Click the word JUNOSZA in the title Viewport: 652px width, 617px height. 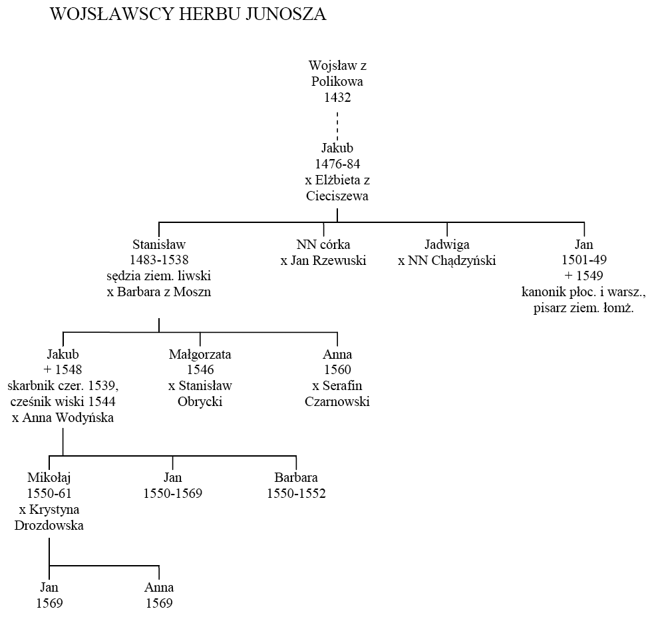point(285,14)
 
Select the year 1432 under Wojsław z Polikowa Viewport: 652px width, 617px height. point(337,97)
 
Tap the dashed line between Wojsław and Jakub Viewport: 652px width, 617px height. point(337,126)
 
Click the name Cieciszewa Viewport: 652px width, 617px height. point(337,196)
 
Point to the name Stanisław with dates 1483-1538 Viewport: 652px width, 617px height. point(159,244)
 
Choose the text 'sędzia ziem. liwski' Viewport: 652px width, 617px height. point(159,276)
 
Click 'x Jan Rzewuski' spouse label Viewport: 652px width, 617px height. point(323,260)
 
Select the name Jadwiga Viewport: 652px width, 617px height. point(447,245)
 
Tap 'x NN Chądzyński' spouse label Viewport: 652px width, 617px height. point(447,260)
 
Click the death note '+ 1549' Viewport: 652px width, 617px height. point(584,276)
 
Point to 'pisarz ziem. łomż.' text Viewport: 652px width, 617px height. point(584,308)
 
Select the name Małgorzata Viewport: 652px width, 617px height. point(200,355)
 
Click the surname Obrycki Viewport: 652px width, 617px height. point(200,402)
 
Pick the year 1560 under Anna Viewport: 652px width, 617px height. point(337,370)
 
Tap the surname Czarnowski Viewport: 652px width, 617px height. point(337,402)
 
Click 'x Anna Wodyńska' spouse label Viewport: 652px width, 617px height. point(63,418)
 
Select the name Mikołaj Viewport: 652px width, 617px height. point(49,478)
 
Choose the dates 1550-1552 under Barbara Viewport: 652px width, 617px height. point(296,493)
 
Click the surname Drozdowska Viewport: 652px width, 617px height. point(49,525)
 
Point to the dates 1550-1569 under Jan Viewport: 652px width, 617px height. point(172,493)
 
